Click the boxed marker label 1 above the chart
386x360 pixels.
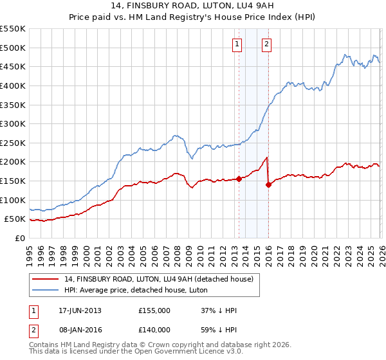coord(237,44)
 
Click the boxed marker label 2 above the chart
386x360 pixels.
coord(266,44)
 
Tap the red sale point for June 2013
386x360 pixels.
coord(239,179)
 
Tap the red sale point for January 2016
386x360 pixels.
coord(268,184)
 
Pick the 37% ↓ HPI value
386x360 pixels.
coord(219,310)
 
